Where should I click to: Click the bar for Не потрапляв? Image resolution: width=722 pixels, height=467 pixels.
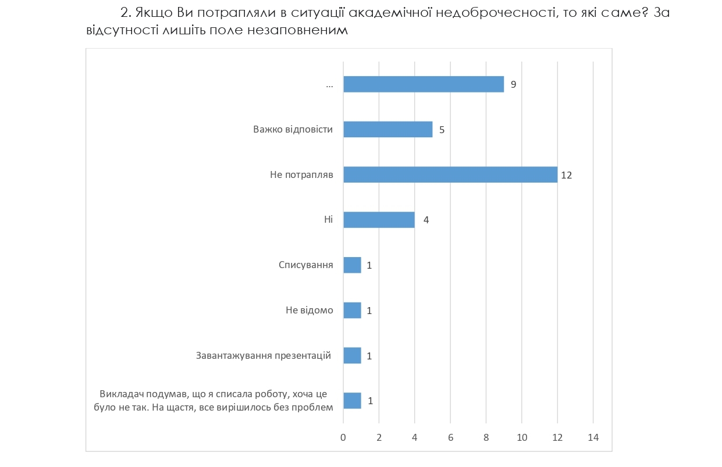pyautogui.click(x=450, y=174)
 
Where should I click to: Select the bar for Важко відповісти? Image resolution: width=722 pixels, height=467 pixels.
pyautogui.click(x=388, y=129)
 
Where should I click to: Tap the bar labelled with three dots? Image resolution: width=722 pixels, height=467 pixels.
pyautogui.click(x=424, y=84)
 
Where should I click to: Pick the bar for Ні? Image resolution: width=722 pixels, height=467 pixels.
pyautogui.click(x=379, y=220)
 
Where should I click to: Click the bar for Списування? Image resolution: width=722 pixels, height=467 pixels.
pyautogui.click(x=352, y=265)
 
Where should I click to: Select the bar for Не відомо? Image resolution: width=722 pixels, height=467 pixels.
pyautogui.click(x=352, y=310)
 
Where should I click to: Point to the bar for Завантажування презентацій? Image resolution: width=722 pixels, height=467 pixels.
pyautogui.click(x=352, y=355)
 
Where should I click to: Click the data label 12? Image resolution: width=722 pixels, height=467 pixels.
pyautogui.click(x=567, y=174)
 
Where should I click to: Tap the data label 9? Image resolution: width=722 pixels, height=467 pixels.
pyautogui.click(x=513, y=84)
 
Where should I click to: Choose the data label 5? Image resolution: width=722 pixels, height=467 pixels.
pyautogui.click(x=442, y=130)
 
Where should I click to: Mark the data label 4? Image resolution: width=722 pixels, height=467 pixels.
pyautogui.click(x=426, y=220)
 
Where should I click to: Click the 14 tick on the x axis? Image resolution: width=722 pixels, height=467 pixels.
pyautogui.click(x=593, y=437)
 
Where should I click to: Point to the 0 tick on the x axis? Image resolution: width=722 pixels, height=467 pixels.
pyautogui.click(x=343, y=437)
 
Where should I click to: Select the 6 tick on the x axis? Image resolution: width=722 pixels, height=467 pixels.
pyautogui.click(x=450, y=437)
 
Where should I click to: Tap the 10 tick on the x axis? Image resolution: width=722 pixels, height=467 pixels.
pyautogui.click(x=522, y=437)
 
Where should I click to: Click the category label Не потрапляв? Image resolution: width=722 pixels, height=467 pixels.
pyautogui.click(x=301, y=174)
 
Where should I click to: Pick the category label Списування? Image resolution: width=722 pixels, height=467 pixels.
pyautogui.click(x=306, y=265)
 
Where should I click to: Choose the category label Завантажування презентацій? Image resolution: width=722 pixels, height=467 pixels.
pyautogui.click(x=264, y=355)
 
